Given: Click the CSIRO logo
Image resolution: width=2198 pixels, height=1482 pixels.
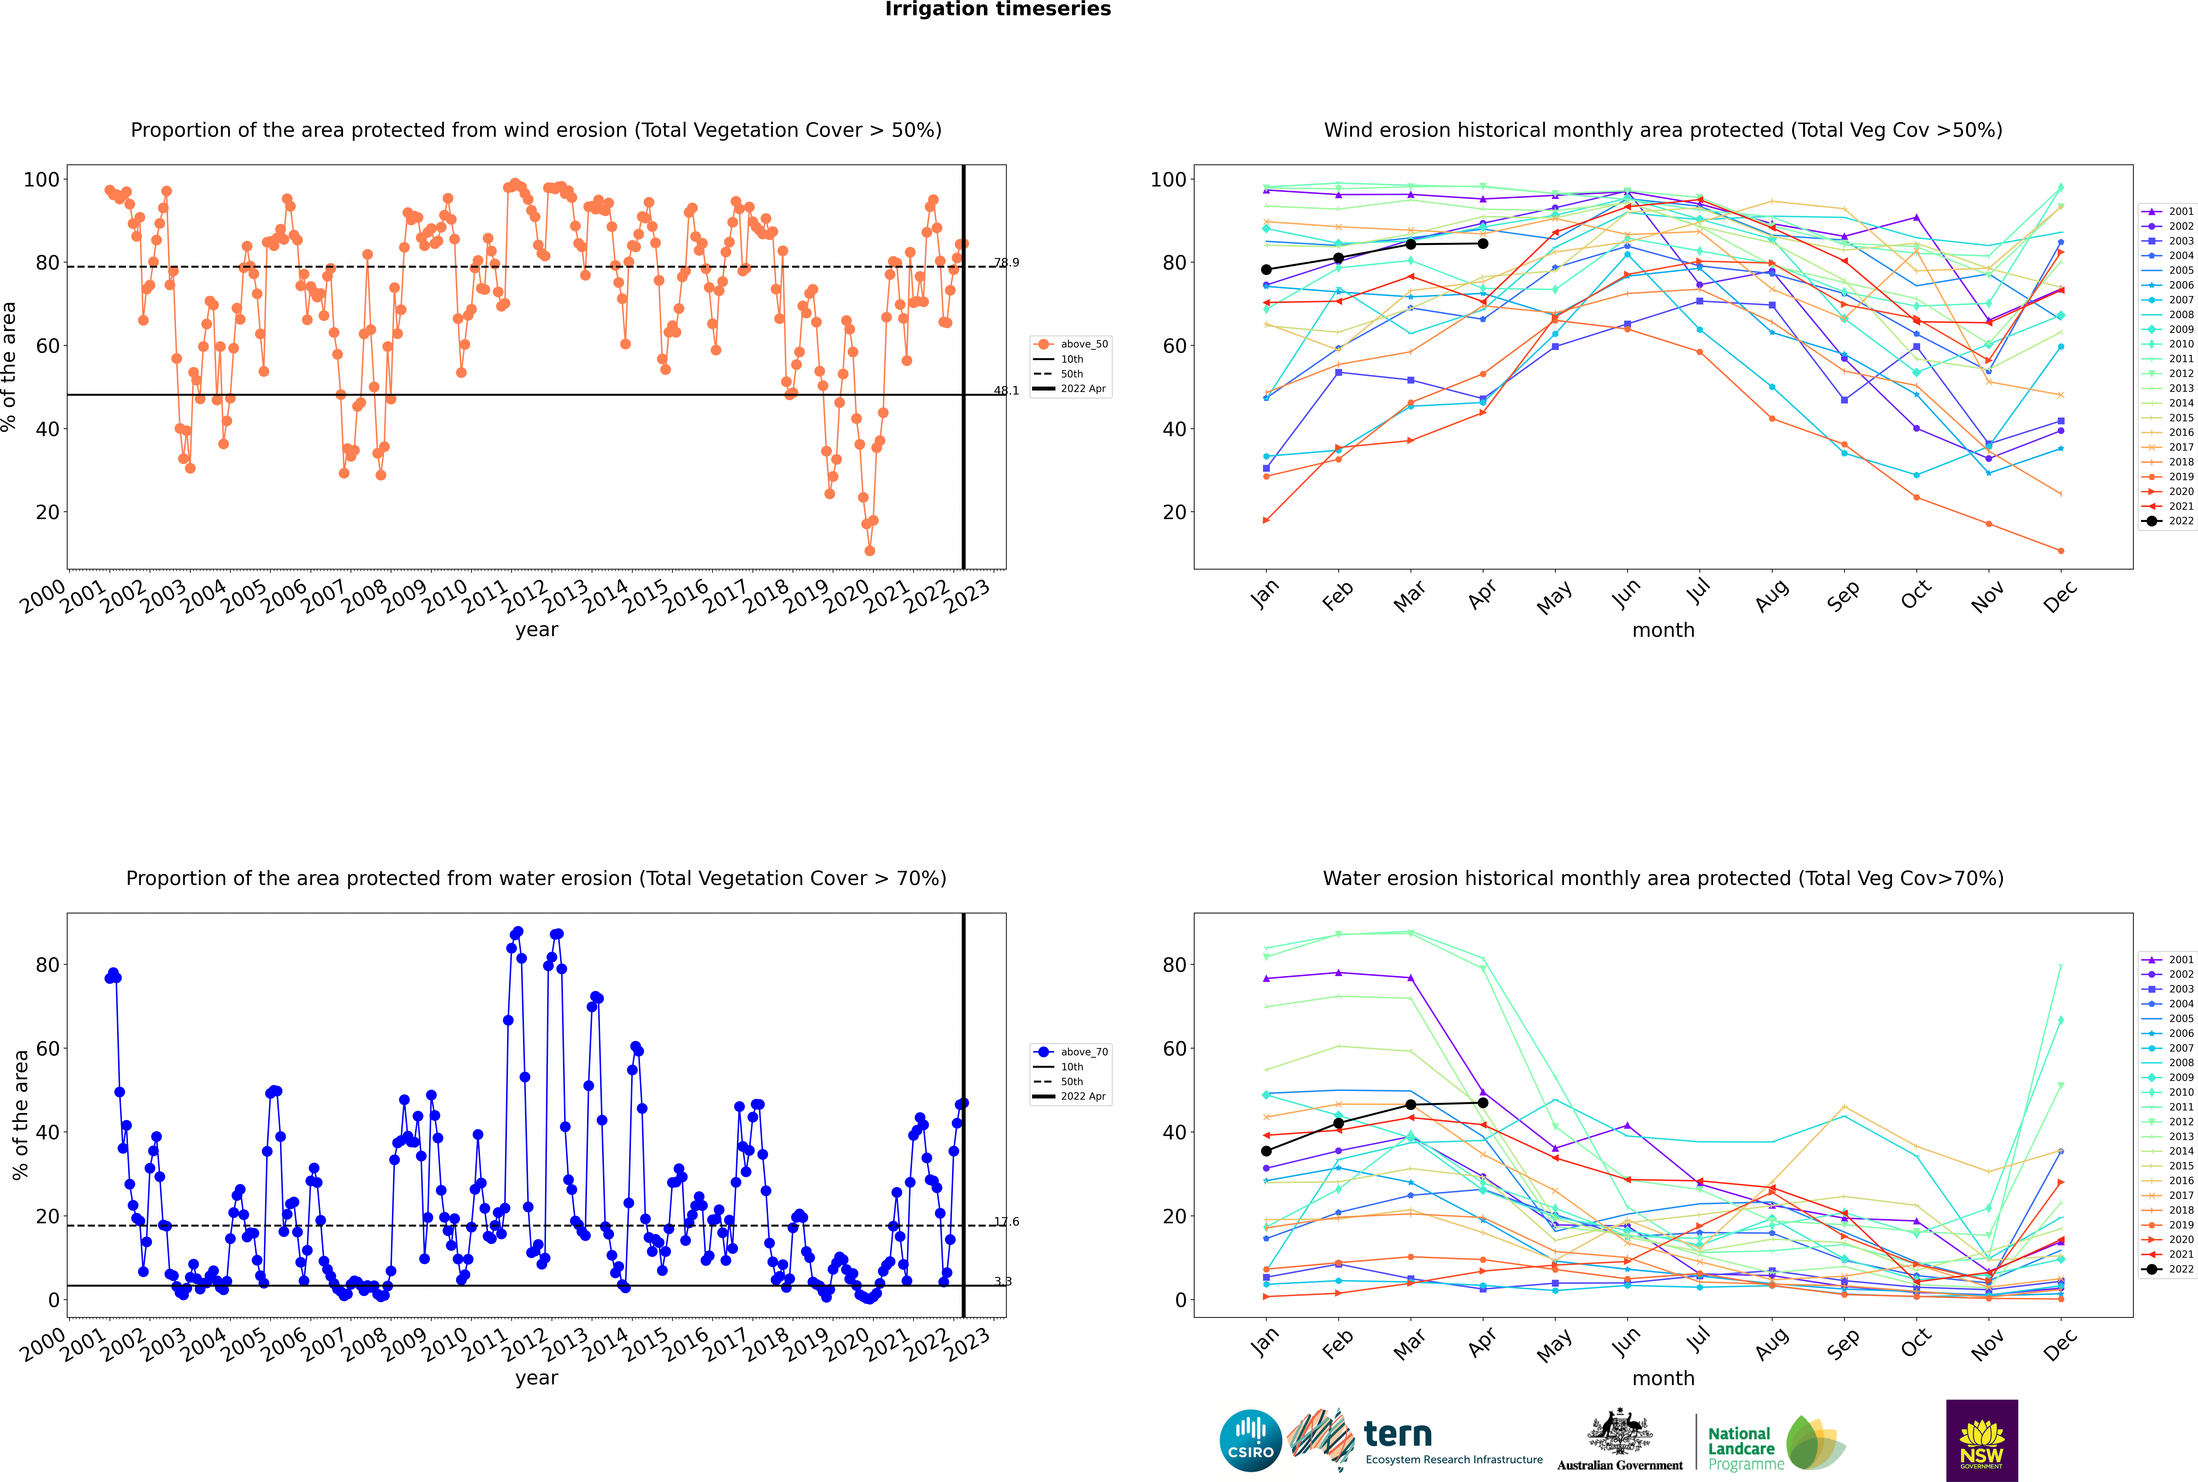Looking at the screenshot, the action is tap(1250, 1440).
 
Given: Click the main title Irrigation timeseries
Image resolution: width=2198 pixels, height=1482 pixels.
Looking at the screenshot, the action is tap(998, 9).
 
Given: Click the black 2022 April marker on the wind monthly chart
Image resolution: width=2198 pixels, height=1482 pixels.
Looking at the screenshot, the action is tap(1483, 244).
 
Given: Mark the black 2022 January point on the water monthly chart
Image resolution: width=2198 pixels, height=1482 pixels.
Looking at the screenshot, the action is tap(1266, 1151).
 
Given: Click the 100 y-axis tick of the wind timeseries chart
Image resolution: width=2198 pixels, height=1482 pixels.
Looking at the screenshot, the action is tap(42, 180).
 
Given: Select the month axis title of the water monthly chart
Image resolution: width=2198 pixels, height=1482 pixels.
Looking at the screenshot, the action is tap(1663, 1378).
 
